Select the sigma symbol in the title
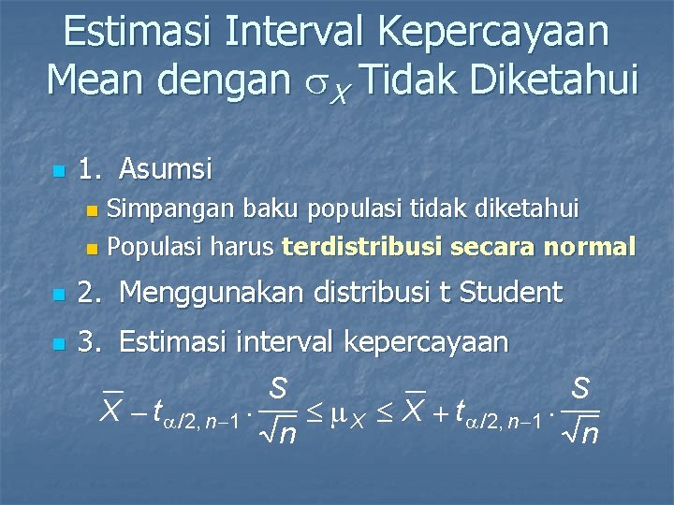click(316, 84)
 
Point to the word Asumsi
click(167, 169)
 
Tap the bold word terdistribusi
click(362, 247)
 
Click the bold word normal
click(590, 247)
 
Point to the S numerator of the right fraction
click(580, 389)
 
